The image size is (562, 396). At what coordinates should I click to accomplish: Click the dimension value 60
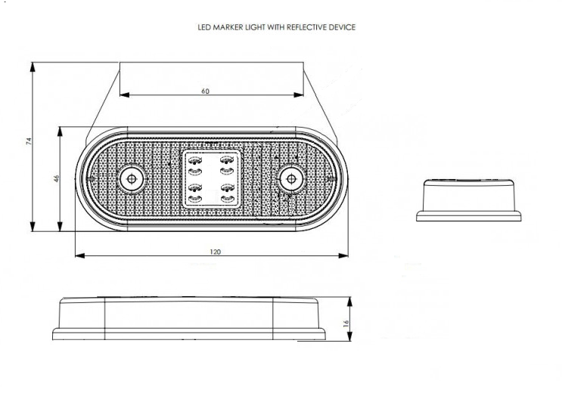205,91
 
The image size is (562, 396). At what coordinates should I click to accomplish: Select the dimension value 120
215,252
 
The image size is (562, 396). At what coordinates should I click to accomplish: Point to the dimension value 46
57,178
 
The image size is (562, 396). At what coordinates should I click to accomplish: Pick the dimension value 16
346,323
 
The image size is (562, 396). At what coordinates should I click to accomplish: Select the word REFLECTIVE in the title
304,27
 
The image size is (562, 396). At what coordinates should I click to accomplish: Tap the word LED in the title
204,27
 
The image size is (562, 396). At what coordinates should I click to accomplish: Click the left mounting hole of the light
132,178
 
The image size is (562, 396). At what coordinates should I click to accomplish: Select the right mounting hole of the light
291,178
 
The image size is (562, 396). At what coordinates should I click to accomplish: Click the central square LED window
211,178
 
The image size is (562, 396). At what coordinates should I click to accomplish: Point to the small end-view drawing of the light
468,200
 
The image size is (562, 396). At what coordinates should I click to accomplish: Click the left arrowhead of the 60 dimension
124,95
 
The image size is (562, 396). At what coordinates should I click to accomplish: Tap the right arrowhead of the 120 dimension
343,255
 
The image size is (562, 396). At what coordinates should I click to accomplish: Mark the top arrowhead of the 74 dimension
33,67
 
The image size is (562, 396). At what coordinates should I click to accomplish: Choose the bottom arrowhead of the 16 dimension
349,336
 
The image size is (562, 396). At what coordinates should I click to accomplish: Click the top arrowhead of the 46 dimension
60,131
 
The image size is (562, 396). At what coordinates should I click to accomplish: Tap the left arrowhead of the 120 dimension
80,255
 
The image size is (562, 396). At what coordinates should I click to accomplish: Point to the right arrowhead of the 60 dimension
299,95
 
